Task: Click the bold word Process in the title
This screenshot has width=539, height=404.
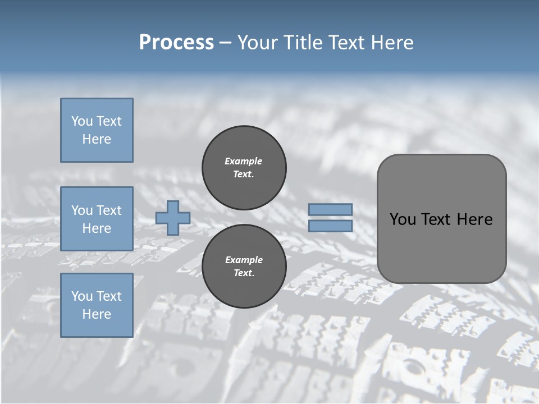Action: pos(176,43)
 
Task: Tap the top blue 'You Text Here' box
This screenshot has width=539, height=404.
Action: pos(97,130)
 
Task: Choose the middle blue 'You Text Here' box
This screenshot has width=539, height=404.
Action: pos(97,219)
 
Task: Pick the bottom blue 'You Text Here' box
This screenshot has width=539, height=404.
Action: pos(97,305)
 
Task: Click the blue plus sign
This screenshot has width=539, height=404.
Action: pos(173,218)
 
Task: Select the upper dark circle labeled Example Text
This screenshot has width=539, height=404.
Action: pos(244,168)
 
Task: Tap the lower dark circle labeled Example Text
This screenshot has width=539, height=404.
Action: pos(244,267)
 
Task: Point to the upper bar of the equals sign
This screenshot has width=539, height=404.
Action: pos(331,209)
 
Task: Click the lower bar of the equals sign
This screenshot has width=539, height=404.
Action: pos(331,226)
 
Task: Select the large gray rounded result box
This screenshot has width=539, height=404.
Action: pos(441,247)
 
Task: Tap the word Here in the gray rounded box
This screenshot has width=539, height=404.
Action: pos(474,219)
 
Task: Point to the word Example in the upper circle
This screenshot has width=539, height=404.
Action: pos(244,162)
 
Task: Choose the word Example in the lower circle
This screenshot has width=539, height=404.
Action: pos(244,260)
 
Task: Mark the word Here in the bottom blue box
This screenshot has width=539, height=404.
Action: pos(97,314)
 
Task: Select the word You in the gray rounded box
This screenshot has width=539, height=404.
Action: pos(402,219)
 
